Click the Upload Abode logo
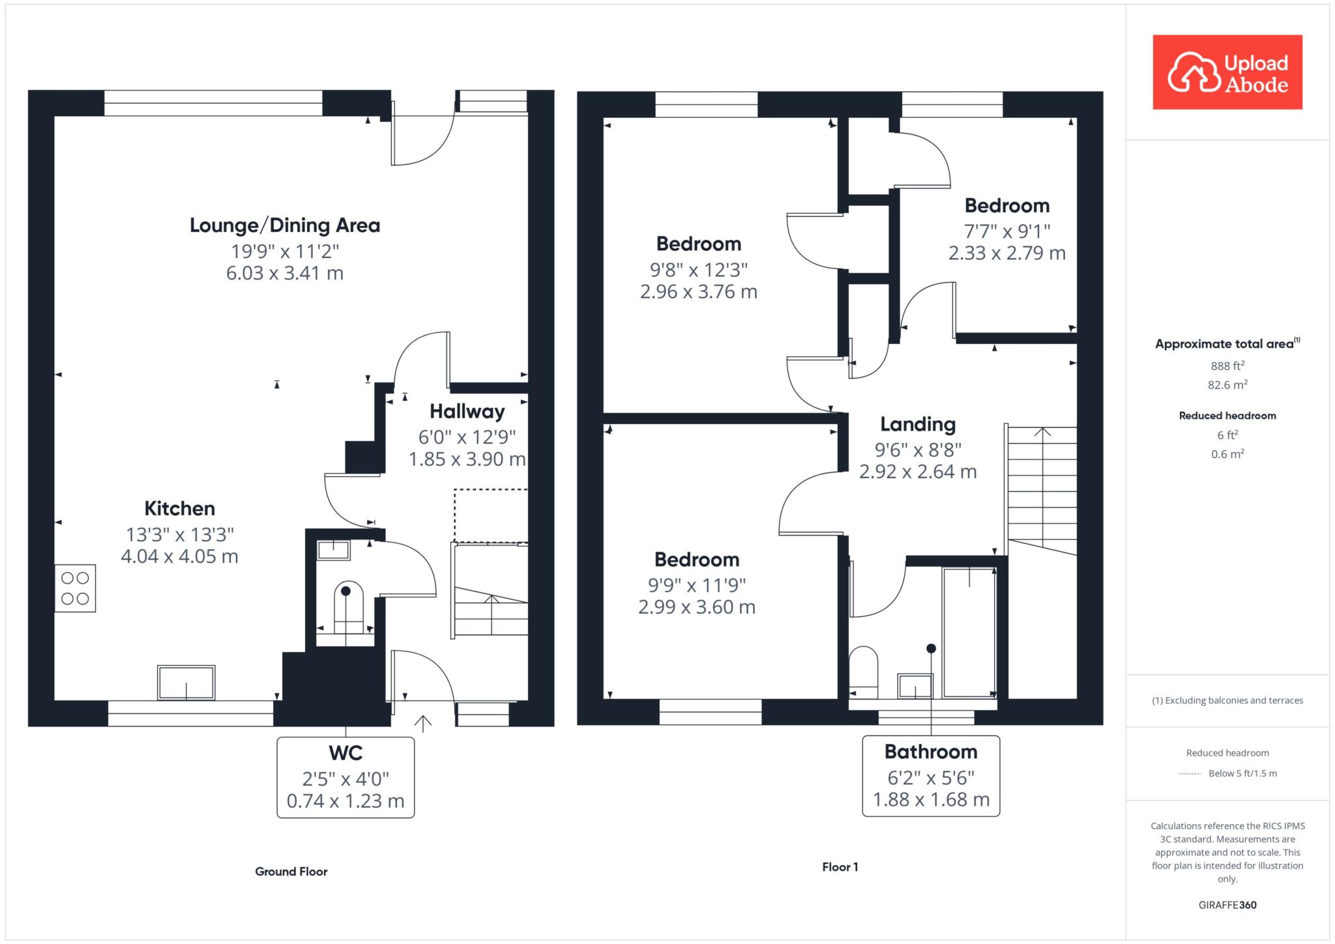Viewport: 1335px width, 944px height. click(x=1227, y=72)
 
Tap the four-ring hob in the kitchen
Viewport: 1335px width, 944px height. click(x=75, y=588)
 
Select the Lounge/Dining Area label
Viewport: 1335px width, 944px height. click(x=285, y=225)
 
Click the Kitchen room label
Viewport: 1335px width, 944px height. click(x=180, y=508)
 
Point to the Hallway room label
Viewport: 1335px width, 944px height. click(x=467, y=412)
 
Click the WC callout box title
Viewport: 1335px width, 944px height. click(x=345, y=753)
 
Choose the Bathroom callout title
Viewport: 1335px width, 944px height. click(x=931, y=752)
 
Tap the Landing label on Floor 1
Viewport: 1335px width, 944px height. click(x=918, y=425)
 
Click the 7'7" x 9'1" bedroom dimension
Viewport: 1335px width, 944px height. click(x=1007, y=231)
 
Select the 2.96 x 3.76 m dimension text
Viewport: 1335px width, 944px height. click(x=699, y=292)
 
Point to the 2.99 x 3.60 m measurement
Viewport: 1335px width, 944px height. click(x=697, y=607)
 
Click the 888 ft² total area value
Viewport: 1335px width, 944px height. click(x=1227, y=365)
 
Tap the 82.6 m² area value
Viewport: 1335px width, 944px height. click(x=1227, y=384)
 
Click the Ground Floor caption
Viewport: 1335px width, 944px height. click(x=291, y=872)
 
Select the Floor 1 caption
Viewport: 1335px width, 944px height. click(x=840, y=867)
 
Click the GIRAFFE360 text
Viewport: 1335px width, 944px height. click(x=1227, y=905)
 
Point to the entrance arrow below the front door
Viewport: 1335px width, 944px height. click(x=423, y=724)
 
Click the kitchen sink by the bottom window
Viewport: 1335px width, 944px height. click(x=186, y=683)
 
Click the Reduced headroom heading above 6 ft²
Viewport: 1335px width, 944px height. click(x=1227, y=416)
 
